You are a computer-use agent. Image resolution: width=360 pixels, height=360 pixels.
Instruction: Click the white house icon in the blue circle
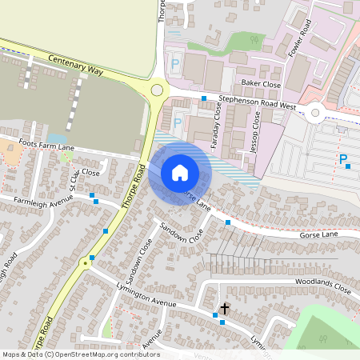(x=180, y=172)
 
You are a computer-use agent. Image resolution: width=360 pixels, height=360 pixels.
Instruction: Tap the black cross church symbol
(x=225, y=308)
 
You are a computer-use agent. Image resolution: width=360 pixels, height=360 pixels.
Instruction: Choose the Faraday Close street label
(x=217, y=120)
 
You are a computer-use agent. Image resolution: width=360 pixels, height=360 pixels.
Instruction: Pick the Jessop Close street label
(x=256, y=130)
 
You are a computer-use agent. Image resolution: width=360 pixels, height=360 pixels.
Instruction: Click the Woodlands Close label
(x=322, y=285)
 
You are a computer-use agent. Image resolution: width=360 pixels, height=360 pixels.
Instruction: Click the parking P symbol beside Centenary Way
(x=175, y=62)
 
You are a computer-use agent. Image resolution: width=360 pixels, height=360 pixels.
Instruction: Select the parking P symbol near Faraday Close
(x=177, y=123)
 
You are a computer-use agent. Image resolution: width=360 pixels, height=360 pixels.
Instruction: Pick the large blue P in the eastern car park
(x=343, y=160)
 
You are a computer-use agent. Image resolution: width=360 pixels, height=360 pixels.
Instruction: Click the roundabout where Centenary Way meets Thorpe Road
(x=157, y=91)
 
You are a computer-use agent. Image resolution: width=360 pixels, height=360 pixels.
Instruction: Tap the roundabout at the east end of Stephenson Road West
(x=315, y=113)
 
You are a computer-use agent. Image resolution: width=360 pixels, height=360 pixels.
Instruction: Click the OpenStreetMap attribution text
(x=81, y=354)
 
